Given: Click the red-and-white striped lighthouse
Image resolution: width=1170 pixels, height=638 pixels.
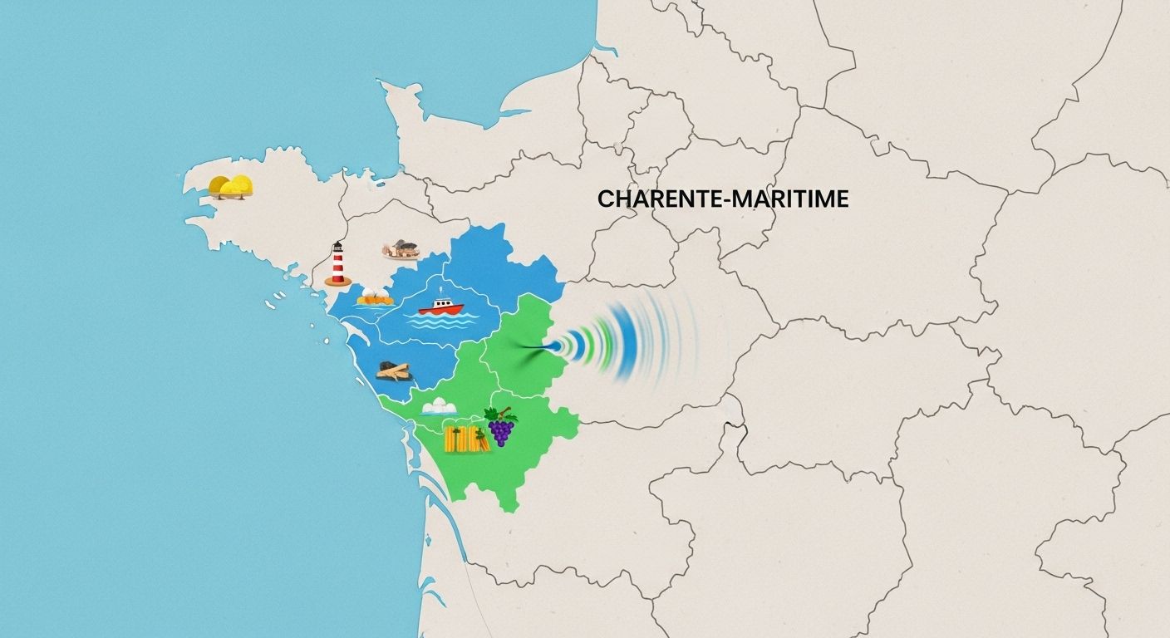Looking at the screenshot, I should (x=337, y=264).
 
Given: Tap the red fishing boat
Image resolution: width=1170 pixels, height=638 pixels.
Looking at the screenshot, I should (x=440, y=307).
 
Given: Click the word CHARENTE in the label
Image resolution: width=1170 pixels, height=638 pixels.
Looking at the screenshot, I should (x=653, y=199).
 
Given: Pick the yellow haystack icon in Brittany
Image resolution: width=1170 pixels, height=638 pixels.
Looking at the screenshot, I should (x=230, y=186).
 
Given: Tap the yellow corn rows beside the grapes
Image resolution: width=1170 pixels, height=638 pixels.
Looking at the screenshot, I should (x=465, y=439).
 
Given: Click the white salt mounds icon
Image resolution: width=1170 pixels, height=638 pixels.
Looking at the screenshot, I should (x=438, y=406).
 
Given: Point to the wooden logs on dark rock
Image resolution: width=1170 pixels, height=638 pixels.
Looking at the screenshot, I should (x=393, y=371).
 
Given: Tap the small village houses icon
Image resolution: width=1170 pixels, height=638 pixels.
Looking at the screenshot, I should (x=401, y=248).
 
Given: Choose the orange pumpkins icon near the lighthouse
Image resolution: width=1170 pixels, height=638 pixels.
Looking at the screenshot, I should (x=375, y=297).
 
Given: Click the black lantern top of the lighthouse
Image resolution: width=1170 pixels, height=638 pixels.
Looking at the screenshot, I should (x=337, y=246).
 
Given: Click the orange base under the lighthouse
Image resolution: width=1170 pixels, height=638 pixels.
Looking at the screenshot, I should (x=337, y=282).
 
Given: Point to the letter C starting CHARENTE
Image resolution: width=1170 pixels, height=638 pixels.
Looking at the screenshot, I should (x=604, y=199).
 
